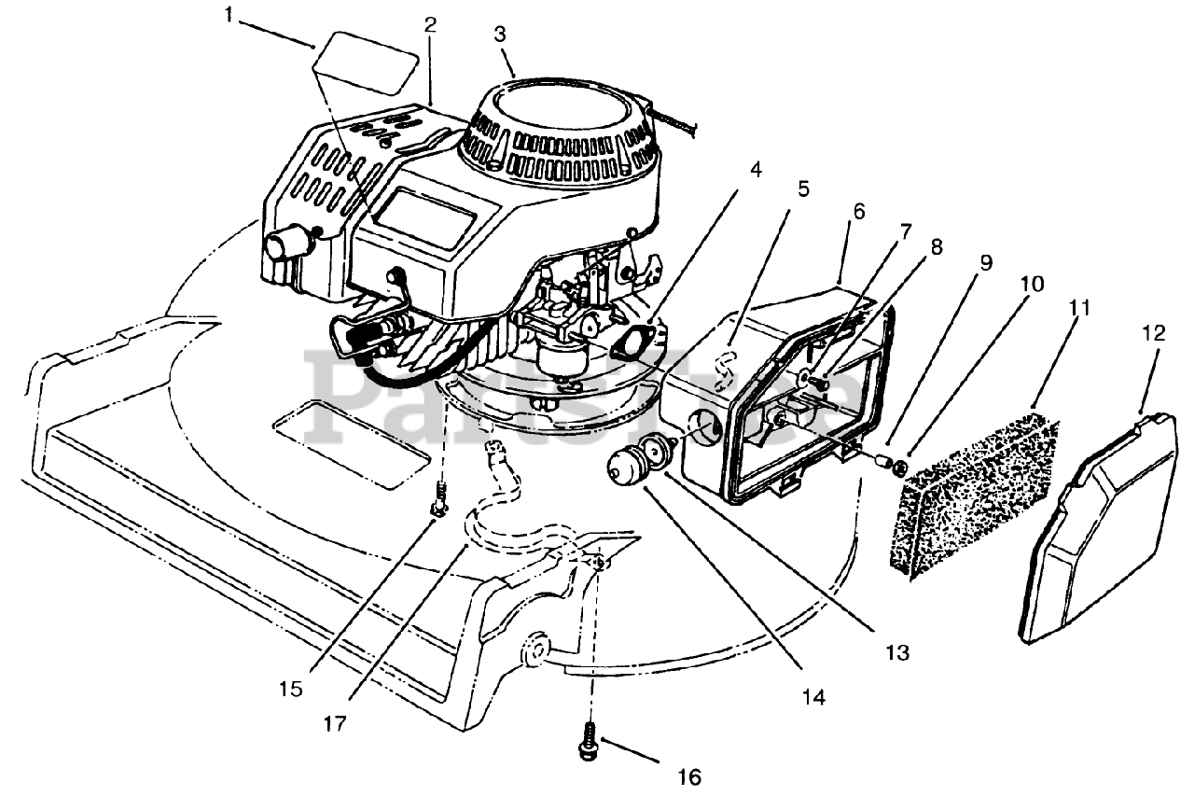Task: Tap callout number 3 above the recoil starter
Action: tap(500, 35)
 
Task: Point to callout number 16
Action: tap(689, 776)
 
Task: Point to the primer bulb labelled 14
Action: tap(623, 464)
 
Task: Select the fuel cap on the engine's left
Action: tap(284, 244)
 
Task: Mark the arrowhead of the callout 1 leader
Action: tap(312, 45)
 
